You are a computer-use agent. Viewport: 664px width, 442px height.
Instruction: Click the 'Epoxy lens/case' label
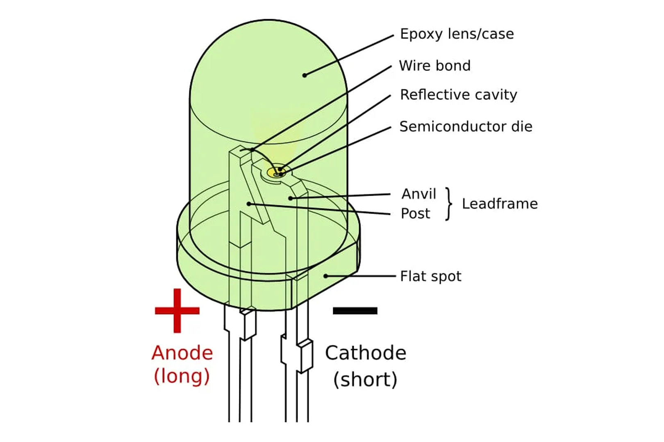coord(457,34)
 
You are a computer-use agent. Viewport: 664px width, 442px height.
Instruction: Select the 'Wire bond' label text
coord(434,65)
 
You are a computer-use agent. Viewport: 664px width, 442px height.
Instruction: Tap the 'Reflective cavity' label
coord(458,95)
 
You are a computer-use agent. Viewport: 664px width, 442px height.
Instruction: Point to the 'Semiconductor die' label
coord(466,126)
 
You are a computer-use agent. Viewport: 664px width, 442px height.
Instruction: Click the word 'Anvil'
coord(418,194)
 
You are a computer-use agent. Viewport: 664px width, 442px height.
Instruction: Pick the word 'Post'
coord(415,214)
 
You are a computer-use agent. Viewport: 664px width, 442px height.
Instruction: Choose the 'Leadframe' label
coord(500,204)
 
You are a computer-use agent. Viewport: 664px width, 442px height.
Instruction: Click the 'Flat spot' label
coord(430,276)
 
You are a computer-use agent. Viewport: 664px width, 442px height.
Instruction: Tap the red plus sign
coord(177,311)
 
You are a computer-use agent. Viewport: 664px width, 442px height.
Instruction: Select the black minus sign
coord(355,311)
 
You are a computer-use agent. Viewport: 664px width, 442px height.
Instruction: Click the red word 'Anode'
coord(182,353)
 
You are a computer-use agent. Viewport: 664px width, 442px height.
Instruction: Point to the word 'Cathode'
coord(366,353)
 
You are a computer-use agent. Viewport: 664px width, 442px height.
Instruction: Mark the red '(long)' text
coord(182,376)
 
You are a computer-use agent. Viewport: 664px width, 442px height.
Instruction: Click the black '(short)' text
coord(365,380)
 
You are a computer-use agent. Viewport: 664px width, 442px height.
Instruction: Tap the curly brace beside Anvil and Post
coord(449,204)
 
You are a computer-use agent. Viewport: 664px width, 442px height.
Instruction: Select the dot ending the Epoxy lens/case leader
coord(305,75)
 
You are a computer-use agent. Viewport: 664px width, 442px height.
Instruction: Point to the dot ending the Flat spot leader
coord(326,276)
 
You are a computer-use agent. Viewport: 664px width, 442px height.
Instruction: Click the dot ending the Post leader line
coord(249,204)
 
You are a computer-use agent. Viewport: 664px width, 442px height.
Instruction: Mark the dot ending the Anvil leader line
coord(290,198)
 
